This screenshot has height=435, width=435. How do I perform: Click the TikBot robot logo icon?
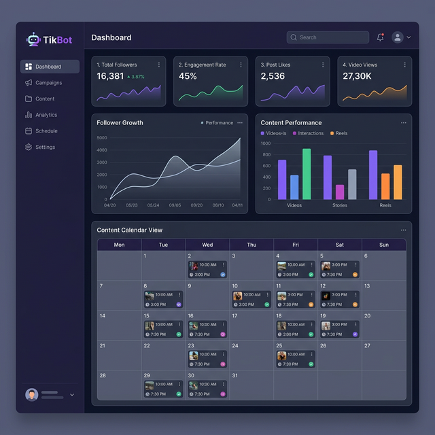tap(33, 40)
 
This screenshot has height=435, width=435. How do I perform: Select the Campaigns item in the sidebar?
tap(48, 83)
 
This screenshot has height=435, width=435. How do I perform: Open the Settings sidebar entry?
tap(45, 147)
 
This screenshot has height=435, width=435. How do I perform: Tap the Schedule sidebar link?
tap(46, 131)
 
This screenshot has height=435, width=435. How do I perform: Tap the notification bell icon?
tap(380, 37)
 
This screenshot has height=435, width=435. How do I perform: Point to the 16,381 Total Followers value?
tap(110, 76)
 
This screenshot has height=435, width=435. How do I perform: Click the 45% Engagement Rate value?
tap(188, 76)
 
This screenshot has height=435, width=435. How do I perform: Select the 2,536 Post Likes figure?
tap(273, 76)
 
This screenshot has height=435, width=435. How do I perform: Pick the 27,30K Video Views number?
tap(357, 76)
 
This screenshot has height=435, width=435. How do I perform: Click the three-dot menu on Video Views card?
tap(406, 65)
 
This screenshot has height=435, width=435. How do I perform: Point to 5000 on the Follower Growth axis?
tap(102, 138)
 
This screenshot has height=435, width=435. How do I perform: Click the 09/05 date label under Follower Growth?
tap(175, 205)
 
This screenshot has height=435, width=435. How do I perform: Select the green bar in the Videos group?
tap(307, 174)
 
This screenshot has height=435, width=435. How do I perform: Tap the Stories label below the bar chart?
tap(340, 205)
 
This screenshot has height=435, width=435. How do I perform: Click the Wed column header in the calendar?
tap(207, 245)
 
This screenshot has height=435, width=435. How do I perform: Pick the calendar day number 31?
tap(235, 375)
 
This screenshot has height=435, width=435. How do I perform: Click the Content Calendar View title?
tap(130, 230)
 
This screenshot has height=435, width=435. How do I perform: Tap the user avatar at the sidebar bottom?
tap(31, 394)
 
